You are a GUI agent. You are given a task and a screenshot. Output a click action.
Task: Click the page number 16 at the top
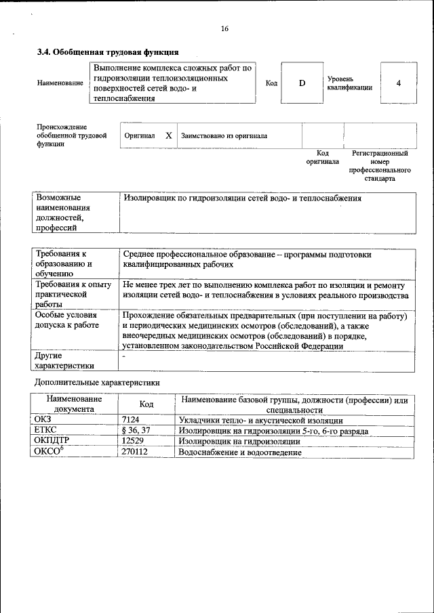coord(224,28)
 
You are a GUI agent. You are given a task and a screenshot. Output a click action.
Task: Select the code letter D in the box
coord(302,83)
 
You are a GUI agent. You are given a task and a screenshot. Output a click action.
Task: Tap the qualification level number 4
coord(398,83)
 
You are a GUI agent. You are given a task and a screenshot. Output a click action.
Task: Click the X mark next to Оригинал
coord(168,135)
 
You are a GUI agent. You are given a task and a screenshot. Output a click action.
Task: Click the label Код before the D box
coord(271,83)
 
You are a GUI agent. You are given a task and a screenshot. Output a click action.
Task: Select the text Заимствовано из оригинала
coord(224,135)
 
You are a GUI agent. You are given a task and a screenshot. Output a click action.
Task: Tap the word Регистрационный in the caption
coord(380,154)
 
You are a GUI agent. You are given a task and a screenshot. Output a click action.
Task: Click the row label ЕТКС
coord(46,431)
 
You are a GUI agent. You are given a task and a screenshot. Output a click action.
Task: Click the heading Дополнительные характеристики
coord(97,382)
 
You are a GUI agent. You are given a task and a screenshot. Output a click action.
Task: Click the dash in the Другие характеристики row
coord(123,355)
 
